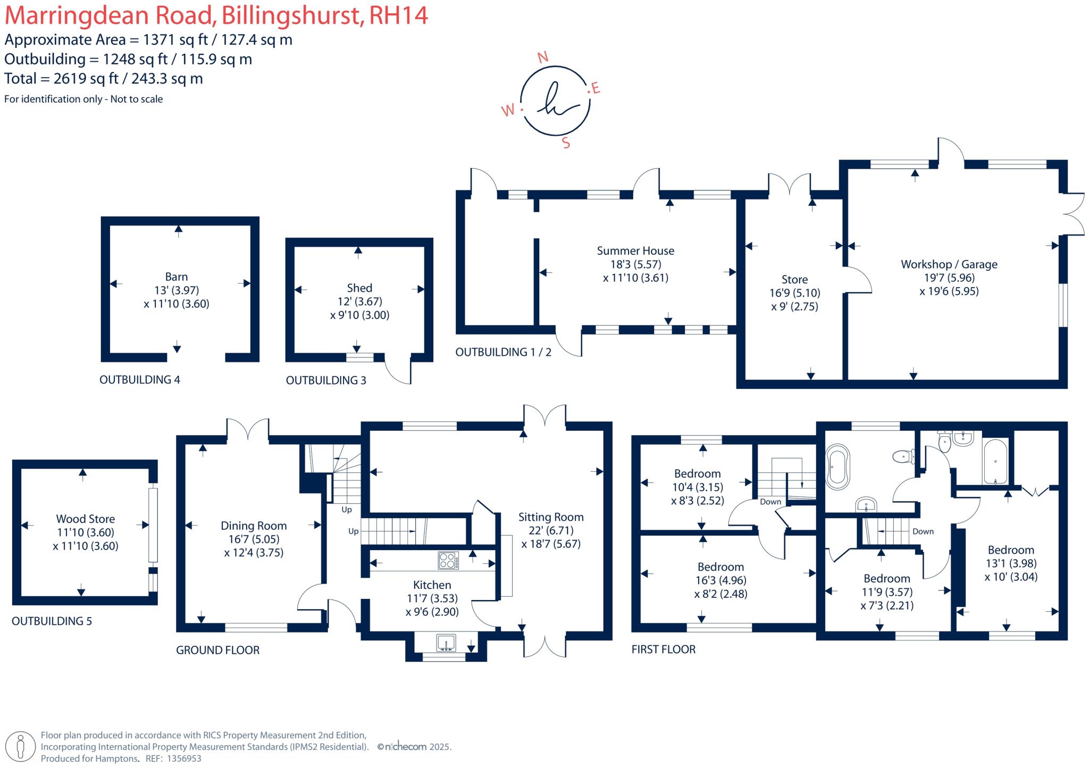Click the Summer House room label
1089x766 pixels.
(x=635, y=251)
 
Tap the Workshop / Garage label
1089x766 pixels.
(x=949, y=264)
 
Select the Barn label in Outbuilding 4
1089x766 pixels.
(x=176, y=277)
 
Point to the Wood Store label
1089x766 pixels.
(x=86, y=519)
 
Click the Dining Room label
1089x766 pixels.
(x=254, y=526)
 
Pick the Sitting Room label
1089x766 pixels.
(x=551, y=517)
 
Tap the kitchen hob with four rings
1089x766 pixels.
(x=448, y=560)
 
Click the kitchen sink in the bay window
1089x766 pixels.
(x=446, y=643)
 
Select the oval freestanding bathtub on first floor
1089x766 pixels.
(x=837, y=467)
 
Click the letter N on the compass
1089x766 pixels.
(x=543, y=57)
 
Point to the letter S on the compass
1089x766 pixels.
(x=566, y=143)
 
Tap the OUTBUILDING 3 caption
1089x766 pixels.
(x=326, y=380)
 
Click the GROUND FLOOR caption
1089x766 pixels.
(x=217, y=650)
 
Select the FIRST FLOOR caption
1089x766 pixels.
(x=663, y=649)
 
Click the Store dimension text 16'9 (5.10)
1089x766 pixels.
(x=794, y=293)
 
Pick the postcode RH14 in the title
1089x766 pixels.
(x=398, y=15)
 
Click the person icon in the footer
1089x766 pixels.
(x=21, y=746)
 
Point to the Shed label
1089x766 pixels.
(x=359, y=288)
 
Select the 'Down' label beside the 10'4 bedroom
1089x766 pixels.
(x=770, y=502)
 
